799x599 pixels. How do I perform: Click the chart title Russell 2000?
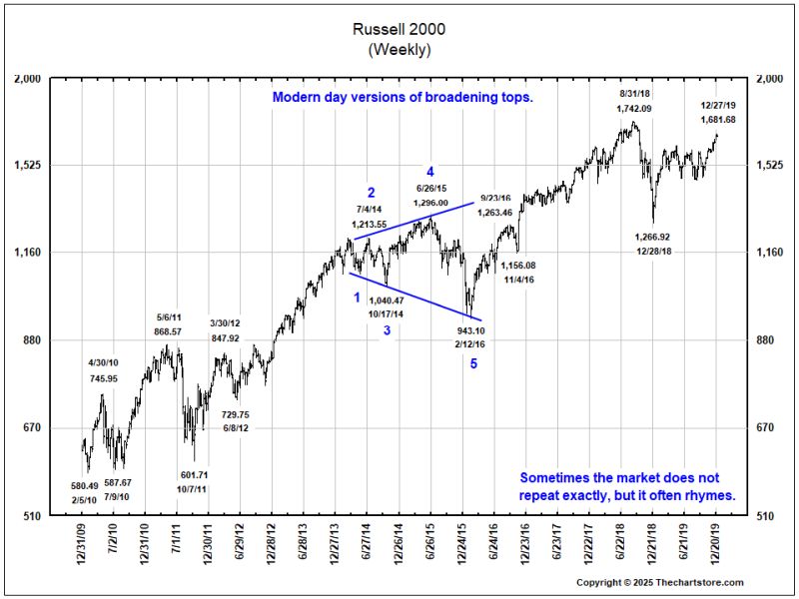[x=399, y=30]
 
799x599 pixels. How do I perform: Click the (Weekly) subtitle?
[x=399, y=47]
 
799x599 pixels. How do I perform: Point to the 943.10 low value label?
[x=471, y=330]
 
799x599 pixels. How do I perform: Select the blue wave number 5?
[x=474, y=364]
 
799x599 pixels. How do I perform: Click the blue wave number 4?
[x=430, y=170]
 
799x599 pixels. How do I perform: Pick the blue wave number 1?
[x=357, y=298]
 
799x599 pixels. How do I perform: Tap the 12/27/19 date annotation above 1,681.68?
[x=718, y=104]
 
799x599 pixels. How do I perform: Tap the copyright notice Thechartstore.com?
[x=660, y=581]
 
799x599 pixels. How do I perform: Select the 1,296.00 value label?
[x=430, y=203]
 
